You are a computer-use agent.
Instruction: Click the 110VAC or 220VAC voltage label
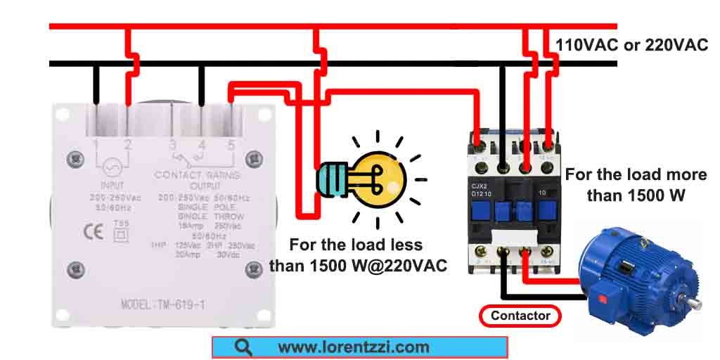pyautogui.click(x=631, y=46)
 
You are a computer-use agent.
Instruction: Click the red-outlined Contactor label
pyautogui.click(x=520, y=316)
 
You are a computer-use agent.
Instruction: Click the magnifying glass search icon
pyautogui.click(x=244, y=347)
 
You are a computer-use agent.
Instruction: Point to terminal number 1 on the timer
pyautogui.click(x=96, y=146)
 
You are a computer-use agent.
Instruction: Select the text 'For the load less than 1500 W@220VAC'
pyautogui.click(x=359, y=255)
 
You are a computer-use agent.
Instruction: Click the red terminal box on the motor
pyautogui.click(x=602, y=298)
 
